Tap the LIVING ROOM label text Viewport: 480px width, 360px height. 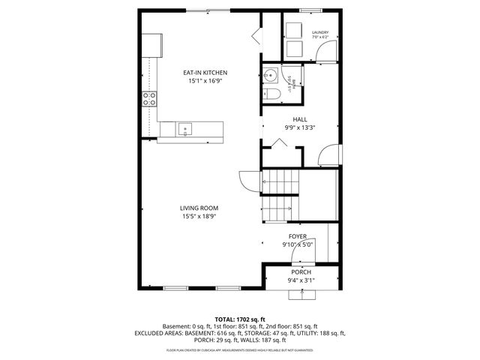[199, 208]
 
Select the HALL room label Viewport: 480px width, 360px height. [300, 118]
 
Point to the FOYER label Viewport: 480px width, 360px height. [298, 235]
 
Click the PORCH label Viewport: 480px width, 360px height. [301, 271]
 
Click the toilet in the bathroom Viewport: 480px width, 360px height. [274, 93]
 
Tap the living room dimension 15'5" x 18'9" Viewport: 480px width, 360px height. [199, 217]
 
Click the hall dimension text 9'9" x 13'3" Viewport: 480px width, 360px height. [300, 127]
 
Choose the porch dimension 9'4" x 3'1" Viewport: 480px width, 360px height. [301, 280]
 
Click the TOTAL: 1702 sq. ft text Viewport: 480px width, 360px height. [240, 319]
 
